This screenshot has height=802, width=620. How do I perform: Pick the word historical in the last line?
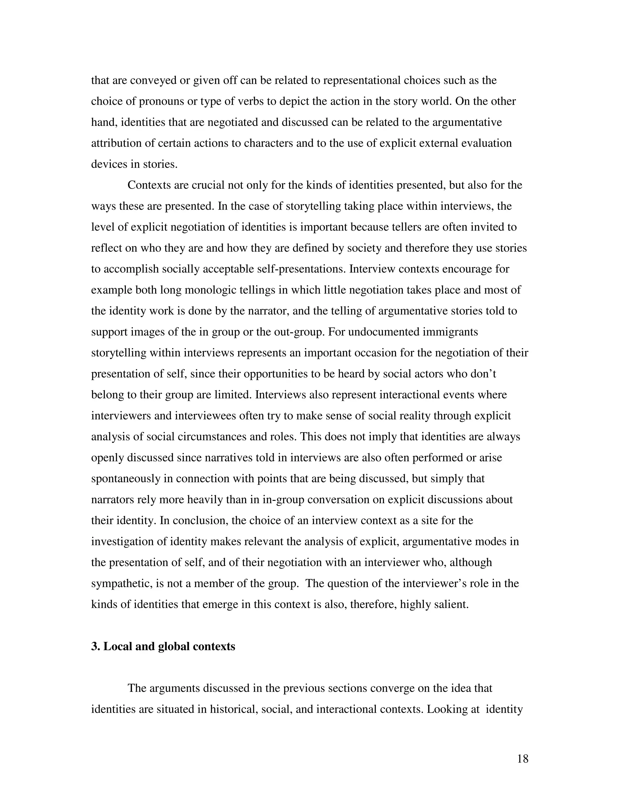coord(233,709)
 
